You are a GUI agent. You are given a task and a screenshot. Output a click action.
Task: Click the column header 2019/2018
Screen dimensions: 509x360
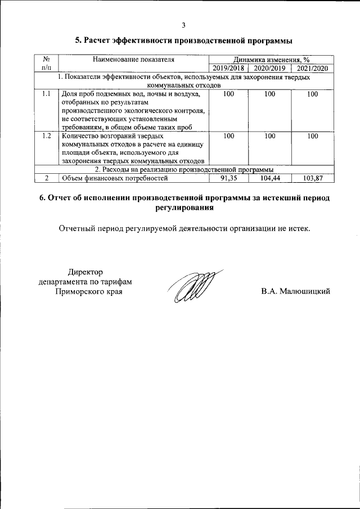tap(228, 68)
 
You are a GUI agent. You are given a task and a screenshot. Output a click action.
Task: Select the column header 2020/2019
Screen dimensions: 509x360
tap(270, 68)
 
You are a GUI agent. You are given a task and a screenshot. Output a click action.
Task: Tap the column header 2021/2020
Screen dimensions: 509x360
tap(312, 68)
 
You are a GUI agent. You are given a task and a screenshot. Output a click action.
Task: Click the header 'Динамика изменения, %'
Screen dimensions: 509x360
tap(271, 59)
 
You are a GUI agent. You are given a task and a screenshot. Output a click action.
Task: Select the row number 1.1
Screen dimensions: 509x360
tap(47, 94)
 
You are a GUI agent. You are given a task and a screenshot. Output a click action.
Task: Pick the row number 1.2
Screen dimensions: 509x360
tap(47, 136)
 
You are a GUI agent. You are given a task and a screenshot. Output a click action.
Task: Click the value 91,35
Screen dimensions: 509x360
tap(228, 178)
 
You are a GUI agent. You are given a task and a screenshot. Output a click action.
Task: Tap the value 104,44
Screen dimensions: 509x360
tap(270, 178)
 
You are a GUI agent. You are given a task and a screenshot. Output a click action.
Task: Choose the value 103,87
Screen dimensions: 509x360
tap(312, 178)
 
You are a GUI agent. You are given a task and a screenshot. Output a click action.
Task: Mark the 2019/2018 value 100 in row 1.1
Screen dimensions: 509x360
tap(228, 94)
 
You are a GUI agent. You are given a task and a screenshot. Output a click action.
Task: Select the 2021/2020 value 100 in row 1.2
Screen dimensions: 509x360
tap(312, 136)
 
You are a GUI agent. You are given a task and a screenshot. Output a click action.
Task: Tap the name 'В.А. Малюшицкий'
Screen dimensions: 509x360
tap(295, 291)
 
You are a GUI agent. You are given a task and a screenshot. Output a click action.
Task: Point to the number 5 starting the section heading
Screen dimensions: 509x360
tap(78, 41)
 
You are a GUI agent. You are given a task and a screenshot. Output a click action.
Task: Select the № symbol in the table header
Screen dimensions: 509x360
tap(47, 58)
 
